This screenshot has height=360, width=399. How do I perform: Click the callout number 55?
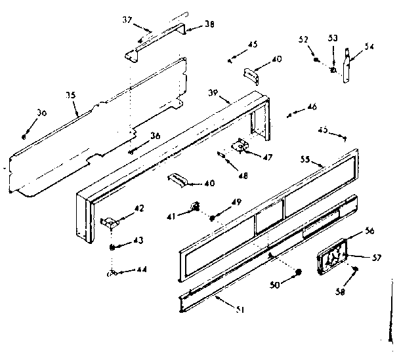click(306, 159)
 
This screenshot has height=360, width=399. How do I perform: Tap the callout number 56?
click(369, 231)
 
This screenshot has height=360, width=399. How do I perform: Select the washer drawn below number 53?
click(333, 70)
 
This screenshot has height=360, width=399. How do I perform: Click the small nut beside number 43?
click(112, 247)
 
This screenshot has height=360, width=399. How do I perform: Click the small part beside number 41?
click(196, 207)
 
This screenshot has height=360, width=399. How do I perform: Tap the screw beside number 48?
click(222, 155)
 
